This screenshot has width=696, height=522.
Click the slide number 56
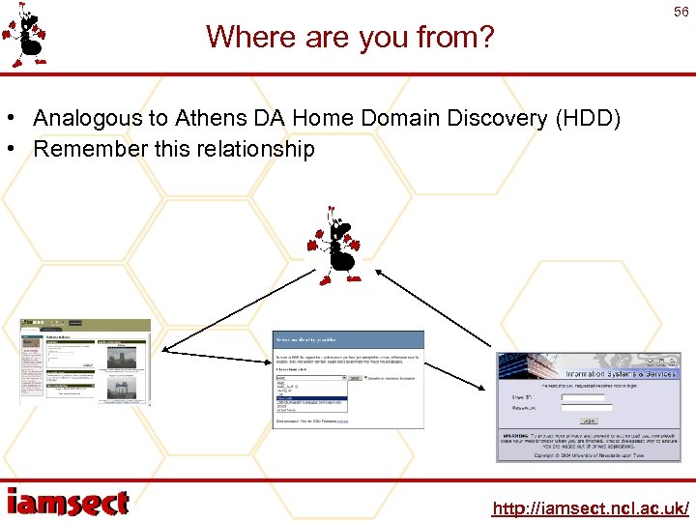(x=681, y=12)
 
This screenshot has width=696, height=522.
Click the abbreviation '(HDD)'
(x=586, y=119)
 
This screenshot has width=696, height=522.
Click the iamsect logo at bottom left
(x=68, y=502)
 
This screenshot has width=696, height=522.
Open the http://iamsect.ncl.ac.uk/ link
(x=590, y=507)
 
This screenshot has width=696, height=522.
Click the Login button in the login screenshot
(x=588, y=420)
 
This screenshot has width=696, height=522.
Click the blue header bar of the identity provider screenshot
(x=348, y=339)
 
